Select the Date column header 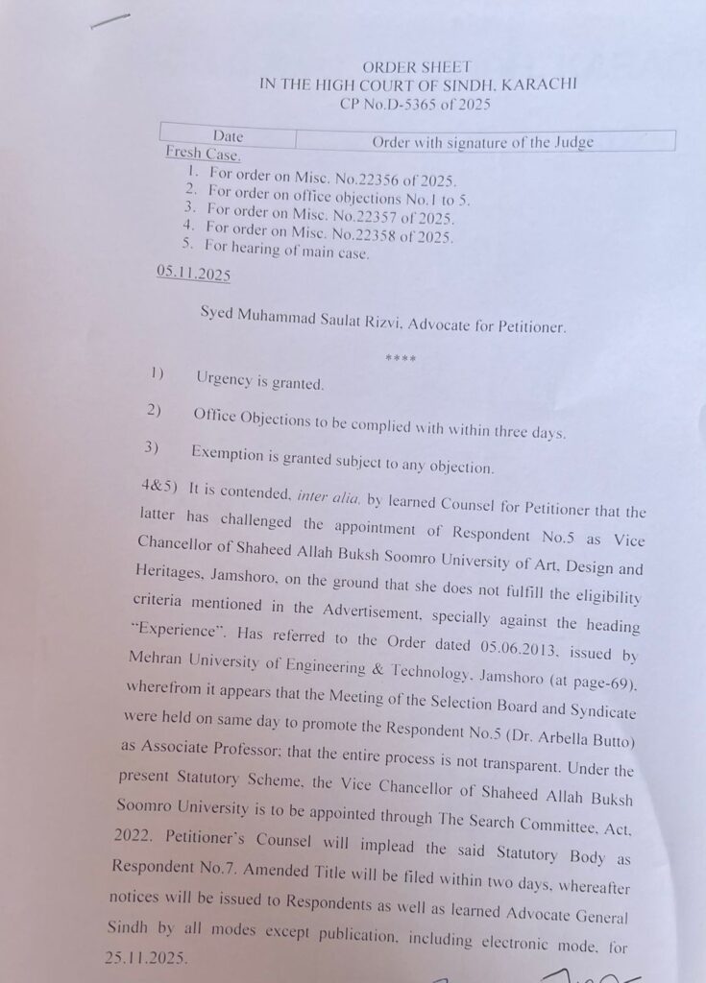point(228,137)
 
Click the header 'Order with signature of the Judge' point(482,142)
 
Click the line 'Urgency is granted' point(260,383)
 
